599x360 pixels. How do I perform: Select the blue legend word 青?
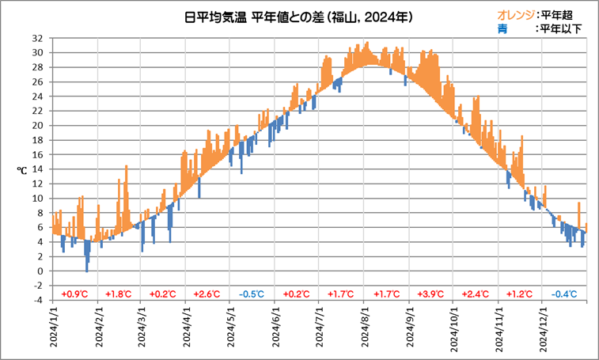point(502,28)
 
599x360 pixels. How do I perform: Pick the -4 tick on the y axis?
point(39,300)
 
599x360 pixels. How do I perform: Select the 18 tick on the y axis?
point(39,140)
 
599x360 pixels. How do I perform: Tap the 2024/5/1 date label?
point(233,329)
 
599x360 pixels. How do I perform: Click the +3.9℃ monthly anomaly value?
point(431,294)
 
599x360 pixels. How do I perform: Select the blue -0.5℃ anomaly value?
point(252,294)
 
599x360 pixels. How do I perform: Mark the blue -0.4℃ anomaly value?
point(564,294)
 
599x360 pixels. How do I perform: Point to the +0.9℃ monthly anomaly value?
point(74,294)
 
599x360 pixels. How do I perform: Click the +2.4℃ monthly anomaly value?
point(476,294)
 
